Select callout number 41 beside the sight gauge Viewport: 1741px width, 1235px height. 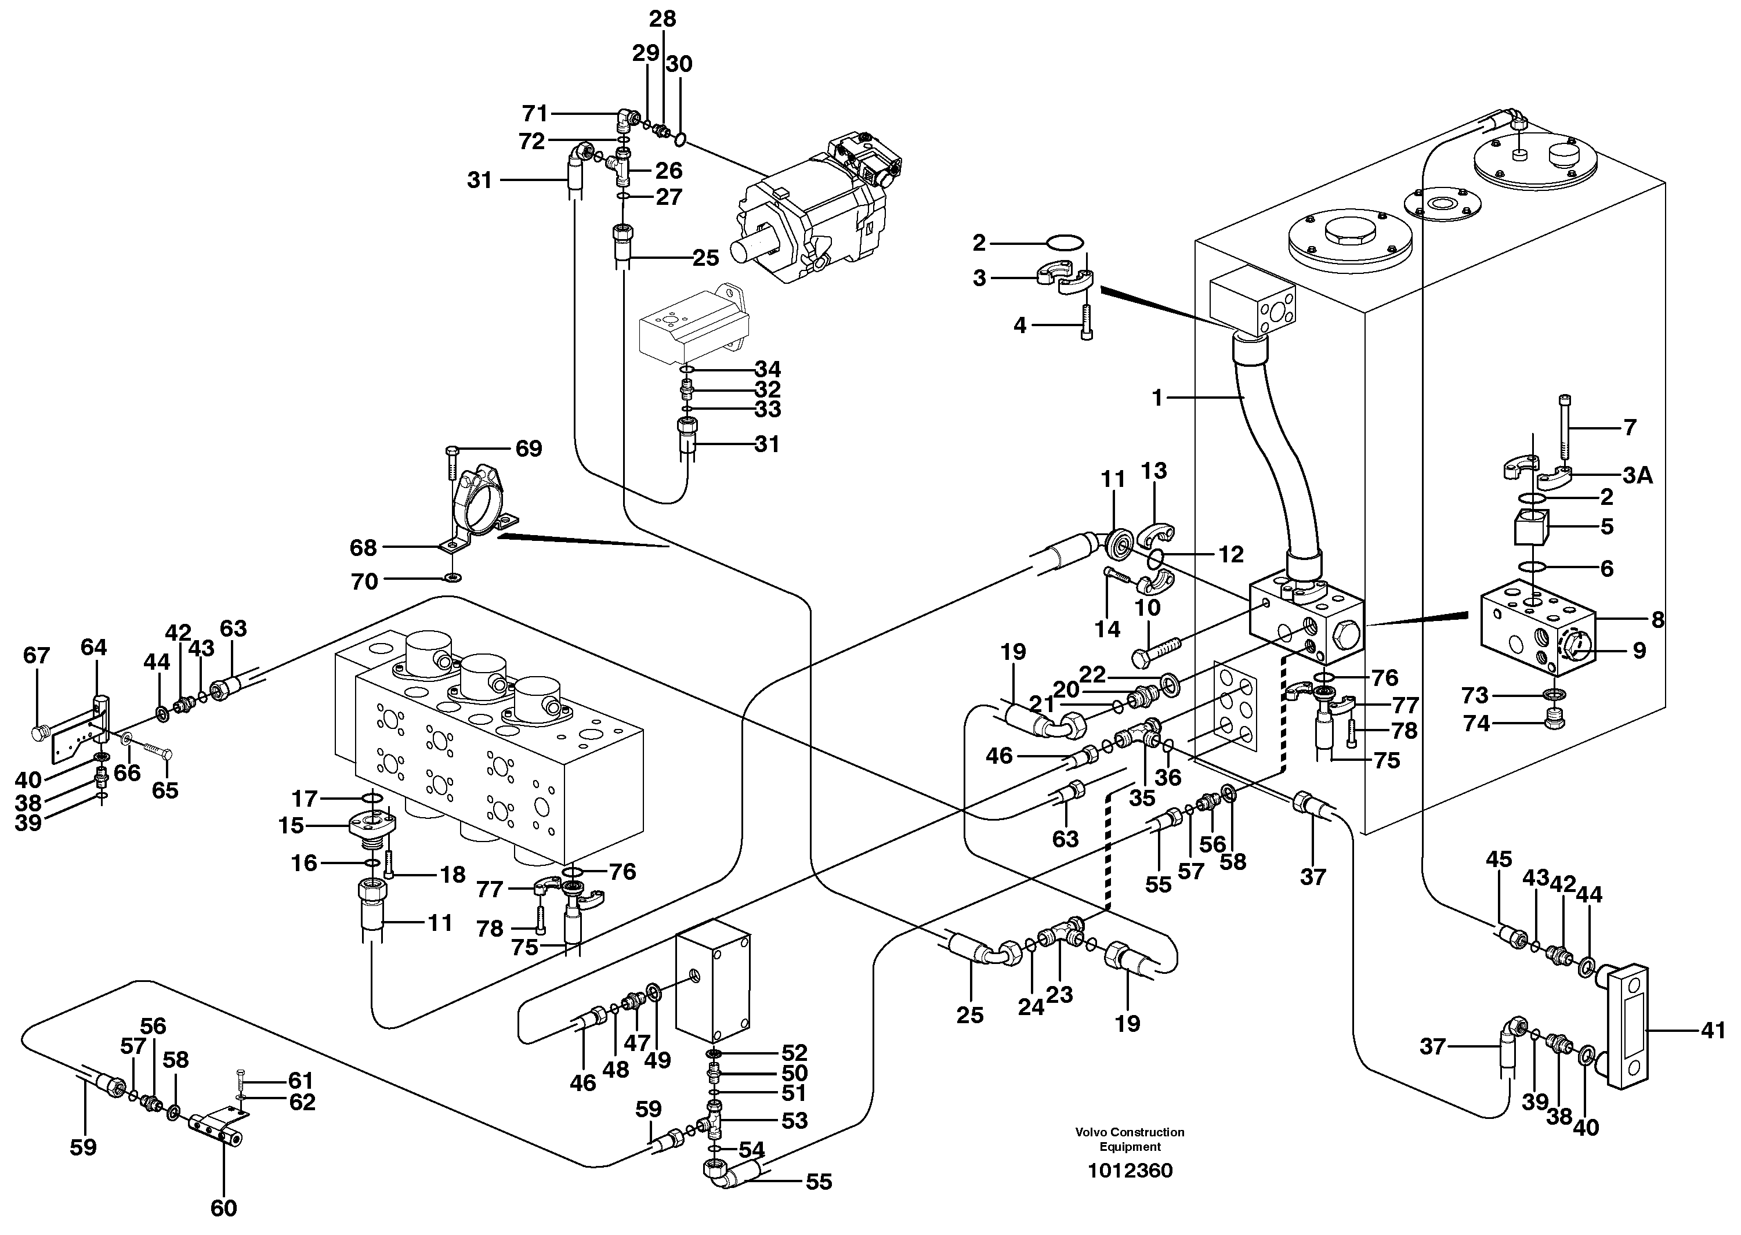(1712, 1032)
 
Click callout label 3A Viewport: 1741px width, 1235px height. (1638, 475)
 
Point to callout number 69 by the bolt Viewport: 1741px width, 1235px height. (529, 449)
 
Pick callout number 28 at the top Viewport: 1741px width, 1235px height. (662, 19)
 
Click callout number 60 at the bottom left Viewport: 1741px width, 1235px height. (223, 1207)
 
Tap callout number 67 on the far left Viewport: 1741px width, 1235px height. (37, 656)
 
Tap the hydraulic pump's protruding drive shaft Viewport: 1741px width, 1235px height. (752, 248)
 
